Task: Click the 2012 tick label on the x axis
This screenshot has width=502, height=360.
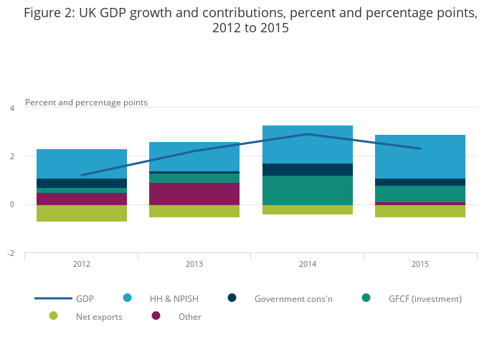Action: click(82, 265)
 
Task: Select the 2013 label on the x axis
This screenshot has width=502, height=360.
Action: click(194, 265)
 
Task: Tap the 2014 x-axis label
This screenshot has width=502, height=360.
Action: click(308, 265)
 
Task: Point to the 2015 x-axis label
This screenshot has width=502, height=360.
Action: click(420, 265)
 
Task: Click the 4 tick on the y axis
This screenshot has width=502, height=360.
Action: click(11, 108)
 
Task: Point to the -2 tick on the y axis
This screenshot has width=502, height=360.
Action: click(11, 254)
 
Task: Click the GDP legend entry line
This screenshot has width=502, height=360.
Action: click(53, 298)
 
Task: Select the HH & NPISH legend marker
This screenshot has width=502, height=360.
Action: click(128, 298)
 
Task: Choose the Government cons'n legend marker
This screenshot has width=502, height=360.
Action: click(232, 298)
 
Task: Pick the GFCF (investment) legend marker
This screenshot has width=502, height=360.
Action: click(366, 298)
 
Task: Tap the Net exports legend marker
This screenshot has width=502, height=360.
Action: click(53, 316)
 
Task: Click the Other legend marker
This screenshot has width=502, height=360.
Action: click(156, 316)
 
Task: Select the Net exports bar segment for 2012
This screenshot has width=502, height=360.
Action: click(82, 213)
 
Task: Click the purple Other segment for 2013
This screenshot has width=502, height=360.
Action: click(194, 194)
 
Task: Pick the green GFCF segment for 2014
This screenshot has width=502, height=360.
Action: click(308, 190)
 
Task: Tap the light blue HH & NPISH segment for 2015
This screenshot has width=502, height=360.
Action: click(420, 156)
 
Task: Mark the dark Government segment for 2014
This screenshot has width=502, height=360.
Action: click(308, 169)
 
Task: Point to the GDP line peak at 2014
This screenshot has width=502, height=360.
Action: click(308, 134)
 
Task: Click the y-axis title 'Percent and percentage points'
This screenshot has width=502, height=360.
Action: click(86, 103)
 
